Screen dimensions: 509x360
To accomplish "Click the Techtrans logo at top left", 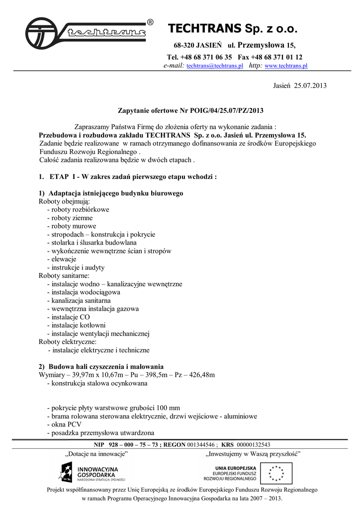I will tap(86, 33).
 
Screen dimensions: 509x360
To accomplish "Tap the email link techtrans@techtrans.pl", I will tap(214, 66).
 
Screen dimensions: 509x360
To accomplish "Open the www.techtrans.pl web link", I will tap(286, 66).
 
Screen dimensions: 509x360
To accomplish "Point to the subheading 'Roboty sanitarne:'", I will tap(64, 275).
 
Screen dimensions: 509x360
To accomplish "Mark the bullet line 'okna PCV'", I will tap(67, 424).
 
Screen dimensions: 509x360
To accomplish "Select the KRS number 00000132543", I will tap(253, 444).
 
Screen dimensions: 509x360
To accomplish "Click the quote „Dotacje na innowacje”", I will tap(97, 453).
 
